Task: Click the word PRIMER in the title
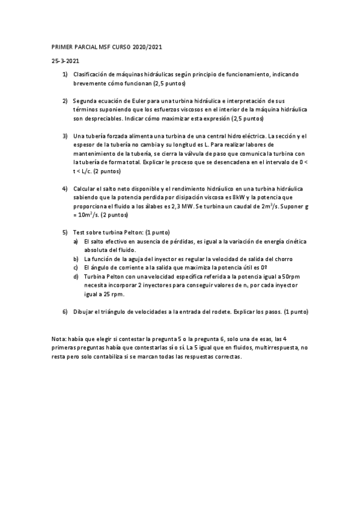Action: point(61,46)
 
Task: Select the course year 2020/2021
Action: point(147,46)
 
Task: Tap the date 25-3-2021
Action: point(64,61)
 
